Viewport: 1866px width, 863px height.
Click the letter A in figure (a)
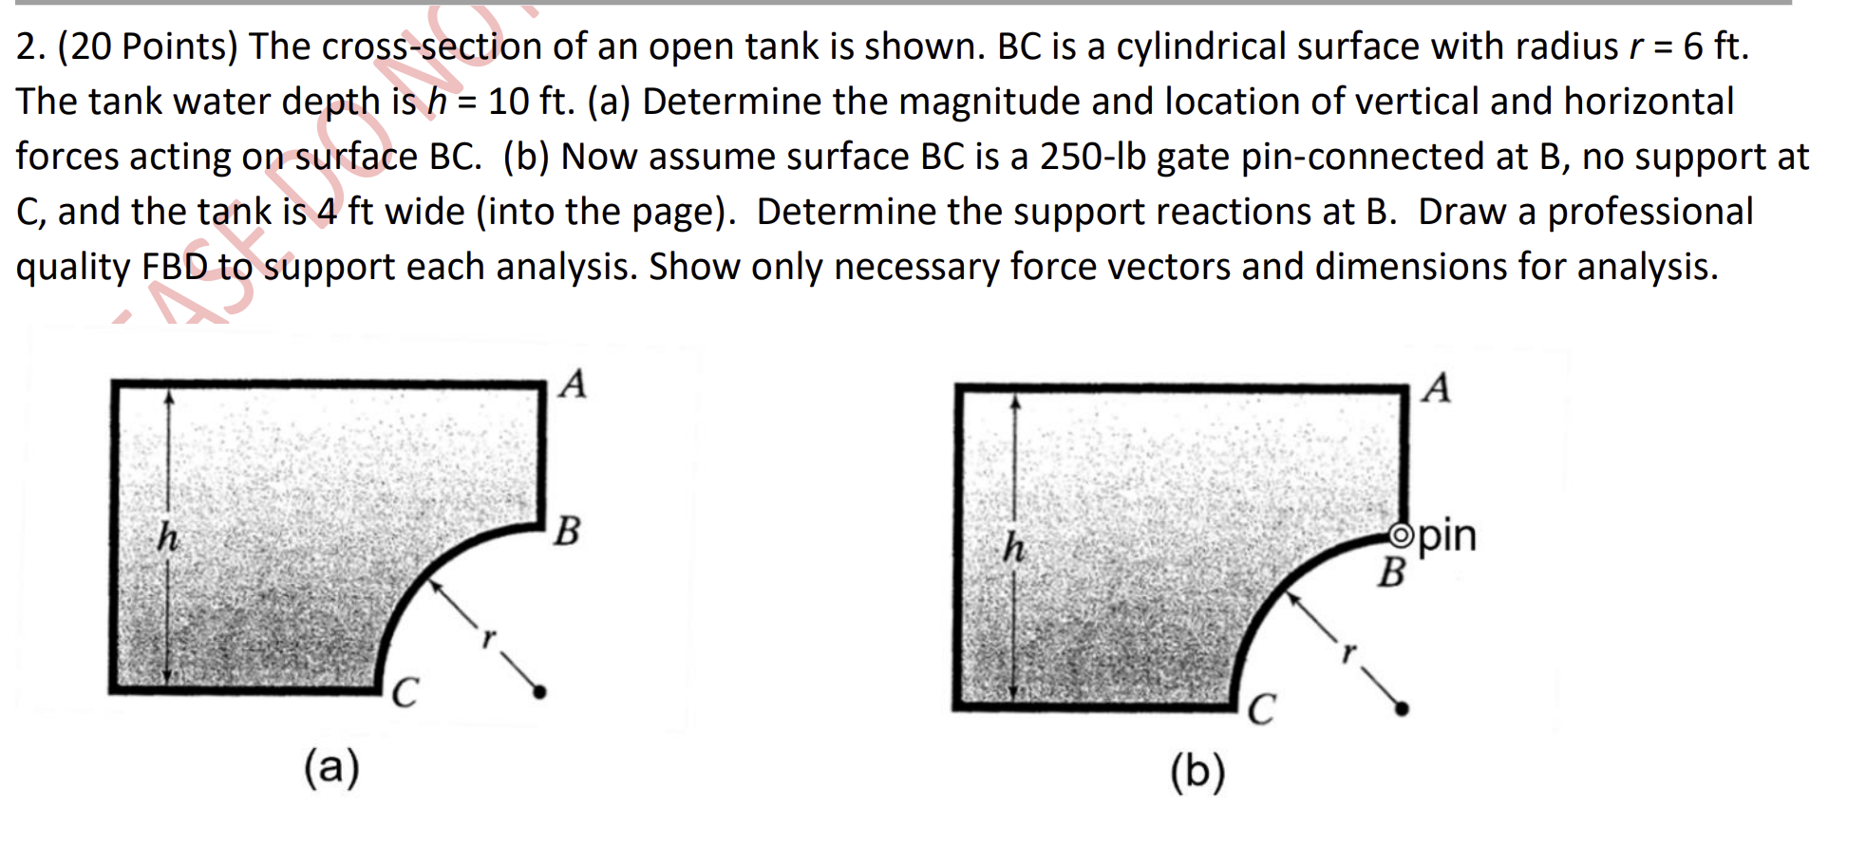pos(573,385)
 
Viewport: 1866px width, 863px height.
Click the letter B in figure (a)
pos(567,531)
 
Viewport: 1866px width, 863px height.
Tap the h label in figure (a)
pos(167,537)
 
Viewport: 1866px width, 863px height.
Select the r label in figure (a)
pos(488,638)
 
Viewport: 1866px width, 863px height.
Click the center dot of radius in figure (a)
pos(539,692)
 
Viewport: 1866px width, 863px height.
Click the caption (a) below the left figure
pos(331,767)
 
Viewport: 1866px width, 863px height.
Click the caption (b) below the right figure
pos(1197,771)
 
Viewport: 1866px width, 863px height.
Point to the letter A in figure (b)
pos(1437,387)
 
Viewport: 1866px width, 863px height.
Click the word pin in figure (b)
pos(1447,535)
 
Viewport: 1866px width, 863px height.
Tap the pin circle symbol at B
pos(1401,535)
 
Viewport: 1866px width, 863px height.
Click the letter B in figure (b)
pos(1391,572)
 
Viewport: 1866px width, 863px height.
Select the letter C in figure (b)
pos(1261,709)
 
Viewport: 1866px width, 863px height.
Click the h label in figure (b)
pos(1014,547)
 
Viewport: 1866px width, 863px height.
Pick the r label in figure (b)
pos(1348,652)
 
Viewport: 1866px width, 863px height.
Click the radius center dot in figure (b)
pos(1402,708)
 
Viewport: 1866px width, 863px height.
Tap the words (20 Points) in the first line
pos(147,47)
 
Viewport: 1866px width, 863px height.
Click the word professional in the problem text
pos(1649,212)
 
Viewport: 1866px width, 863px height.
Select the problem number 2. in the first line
pos(30,47)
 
